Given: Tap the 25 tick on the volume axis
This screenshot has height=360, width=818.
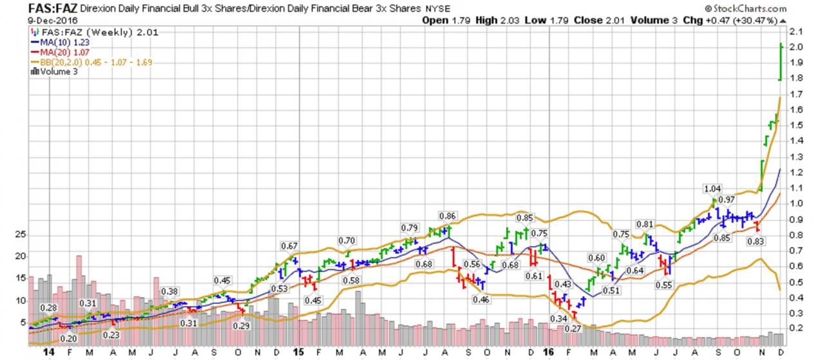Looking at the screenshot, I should pyautogui.click(x=20, y=234).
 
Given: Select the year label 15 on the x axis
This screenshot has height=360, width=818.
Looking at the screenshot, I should pyautogui.click(x=298, y=352).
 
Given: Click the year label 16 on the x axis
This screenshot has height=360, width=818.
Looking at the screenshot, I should pyautogui.click(x=548, y=352).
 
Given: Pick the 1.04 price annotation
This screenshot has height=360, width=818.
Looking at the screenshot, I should pyautogui.click(x=712, y=189).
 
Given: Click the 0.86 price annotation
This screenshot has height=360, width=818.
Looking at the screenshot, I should pyautogui.click(x=446, y=215).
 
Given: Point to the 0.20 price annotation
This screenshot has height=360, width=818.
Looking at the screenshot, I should pyautogui.click(x=68, y=338).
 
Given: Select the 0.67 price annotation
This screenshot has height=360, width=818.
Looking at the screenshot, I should pyautogui.click(x=289, y=245).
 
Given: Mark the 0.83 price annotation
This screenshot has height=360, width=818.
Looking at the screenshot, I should pyautogui.click(x=756, y=241).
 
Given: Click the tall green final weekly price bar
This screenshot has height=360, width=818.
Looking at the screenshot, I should pyautogui.click(x=781, y=62).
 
